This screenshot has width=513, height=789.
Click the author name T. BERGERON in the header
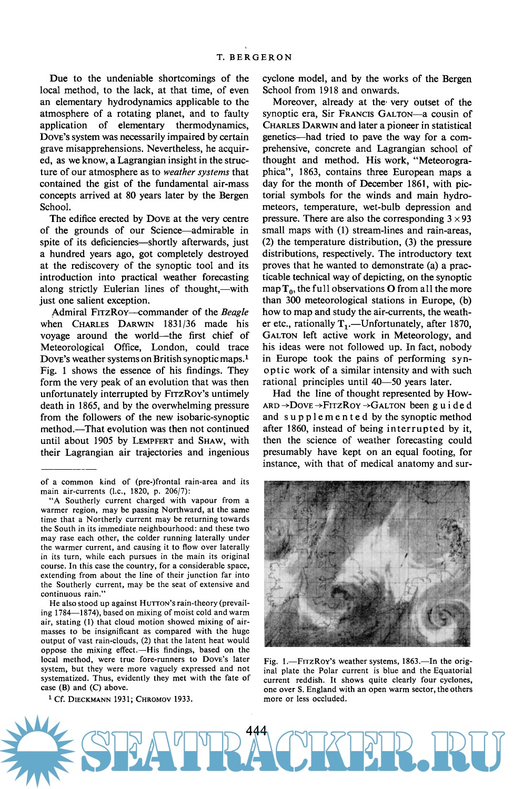[x=254, y=57]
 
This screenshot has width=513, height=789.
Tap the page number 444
[x=256, y=731]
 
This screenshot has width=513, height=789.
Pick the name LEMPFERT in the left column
[x=153, y=441]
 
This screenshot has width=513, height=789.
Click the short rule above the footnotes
[x=68, y=468]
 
